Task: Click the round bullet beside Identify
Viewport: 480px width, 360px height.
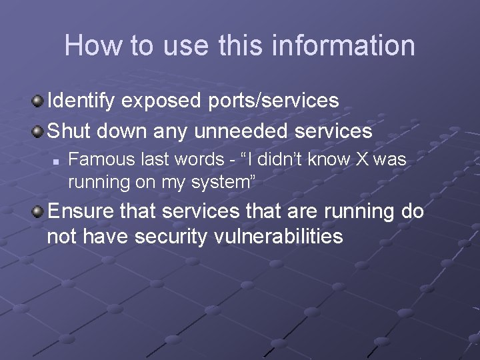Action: click(39, 101)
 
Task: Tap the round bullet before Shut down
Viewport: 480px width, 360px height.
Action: click(39, 131)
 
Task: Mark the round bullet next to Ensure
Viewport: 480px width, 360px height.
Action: click(39, 212)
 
